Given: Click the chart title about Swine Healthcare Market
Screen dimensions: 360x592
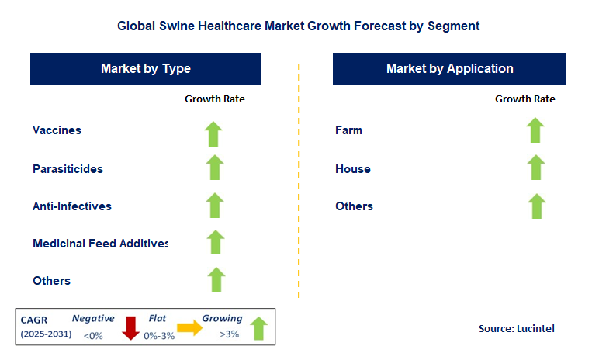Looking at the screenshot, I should (x=298, y=26).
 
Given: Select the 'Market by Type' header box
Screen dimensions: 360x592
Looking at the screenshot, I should (x=146, y=68).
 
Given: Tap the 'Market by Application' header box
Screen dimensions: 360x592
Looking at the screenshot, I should (x=449, y=68).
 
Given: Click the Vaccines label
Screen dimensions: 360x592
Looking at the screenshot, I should (x=57, y=130).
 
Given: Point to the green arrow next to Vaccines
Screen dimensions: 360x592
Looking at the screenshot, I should (x=214, y=133).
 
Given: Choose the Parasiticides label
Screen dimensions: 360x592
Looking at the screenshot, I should (x=68, y=168).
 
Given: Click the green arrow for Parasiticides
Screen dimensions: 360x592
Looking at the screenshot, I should (x=214, y=168).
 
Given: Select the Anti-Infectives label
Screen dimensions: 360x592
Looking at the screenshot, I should (x=72, y=206).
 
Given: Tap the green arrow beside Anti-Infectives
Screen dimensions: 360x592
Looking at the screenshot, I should (x=214, y=206).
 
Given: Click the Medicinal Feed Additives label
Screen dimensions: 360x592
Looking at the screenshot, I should (x=101, y=244).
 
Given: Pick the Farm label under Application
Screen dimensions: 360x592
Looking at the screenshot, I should (x=348, y=130).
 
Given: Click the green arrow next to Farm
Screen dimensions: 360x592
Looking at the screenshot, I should (x=535, y=130).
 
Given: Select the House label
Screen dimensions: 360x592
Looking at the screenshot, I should (x=353, y=168).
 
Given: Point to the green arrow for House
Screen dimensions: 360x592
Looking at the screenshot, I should (x=535, y=168).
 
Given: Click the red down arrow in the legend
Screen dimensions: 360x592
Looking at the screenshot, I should (x=132, y=327).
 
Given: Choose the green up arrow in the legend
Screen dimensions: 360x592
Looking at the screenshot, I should (x=258, y=327).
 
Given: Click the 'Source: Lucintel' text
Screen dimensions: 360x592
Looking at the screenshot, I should (x=516, y=329).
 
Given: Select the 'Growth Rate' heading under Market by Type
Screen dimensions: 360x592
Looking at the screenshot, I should (x=214, y=99).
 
